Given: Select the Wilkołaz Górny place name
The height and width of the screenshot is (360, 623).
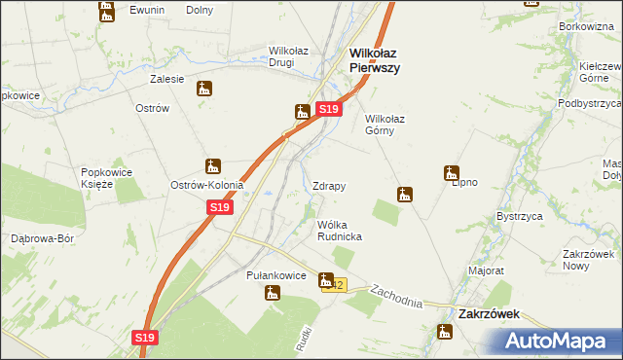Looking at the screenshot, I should coord(391,125).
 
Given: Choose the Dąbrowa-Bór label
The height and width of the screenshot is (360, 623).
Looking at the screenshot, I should coord(43,238).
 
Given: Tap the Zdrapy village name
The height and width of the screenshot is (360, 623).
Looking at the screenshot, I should coord(329,186).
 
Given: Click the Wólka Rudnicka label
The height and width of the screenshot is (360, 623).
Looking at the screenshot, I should coord(340,231).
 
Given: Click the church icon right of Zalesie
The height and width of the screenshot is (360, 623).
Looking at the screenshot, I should coord(203,90).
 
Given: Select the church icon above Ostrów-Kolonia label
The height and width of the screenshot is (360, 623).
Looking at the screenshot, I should coord(213,166).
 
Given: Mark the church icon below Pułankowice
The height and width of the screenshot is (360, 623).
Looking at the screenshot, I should coord(273,293).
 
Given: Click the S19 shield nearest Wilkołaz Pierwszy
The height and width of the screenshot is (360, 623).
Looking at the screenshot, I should coord(328,110).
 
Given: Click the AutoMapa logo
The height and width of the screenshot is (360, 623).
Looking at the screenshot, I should coord(563,341).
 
